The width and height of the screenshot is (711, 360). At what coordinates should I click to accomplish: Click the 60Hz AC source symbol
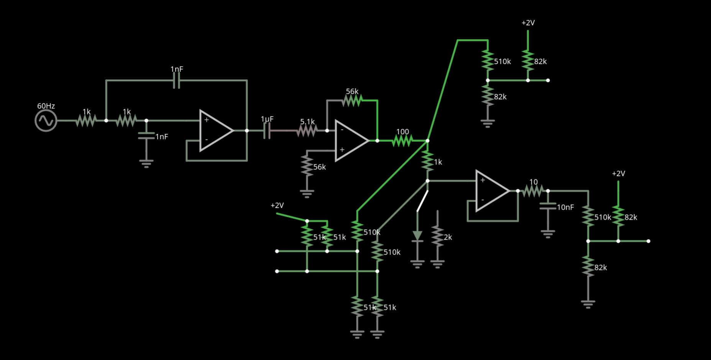(46, 121)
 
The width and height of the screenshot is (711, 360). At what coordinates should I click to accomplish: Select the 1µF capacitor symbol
(267, 131)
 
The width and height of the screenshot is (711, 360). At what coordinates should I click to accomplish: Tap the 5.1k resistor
(307, 131)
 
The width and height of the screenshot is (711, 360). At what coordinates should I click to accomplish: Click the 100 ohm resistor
(402, 141)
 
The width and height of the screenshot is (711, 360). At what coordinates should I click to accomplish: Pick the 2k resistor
(437, 236)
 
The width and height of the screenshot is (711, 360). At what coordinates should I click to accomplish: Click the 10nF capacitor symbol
(548, 207)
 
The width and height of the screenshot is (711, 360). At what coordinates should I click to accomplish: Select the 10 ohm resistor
(533, 191)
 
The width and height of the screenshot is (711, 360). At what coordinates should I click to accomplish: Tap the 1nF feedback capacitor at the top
(176, 81)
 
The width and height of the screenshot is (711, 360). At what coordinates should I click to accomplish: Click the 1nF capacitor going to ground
(146, 136)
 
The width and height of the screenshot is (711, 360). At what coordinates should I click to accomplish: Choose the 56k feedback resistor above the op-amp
(352, 100)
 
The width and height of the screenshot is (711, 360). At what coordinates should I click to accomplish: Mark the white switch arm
(422, 201)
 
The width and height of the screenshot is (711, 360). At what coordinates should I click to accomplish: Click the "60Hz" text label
(46, 106)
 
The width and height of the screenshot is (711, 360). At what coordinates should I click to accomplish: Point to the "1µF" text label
(267, 119)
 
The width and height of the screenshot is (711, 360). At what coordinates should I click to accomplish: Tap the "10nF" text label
(565, 207)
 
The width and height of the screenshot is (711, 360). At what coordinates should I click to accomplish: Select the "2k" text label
(448, 238)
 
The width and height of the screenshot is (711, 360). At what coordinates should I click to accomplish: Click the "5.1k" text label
(307, 122)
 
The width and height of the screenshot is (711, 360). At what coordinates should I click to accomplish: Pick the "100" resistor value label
(402, 132)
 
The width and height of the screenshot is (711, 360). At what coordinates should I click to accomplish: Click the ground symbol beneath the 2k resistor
(437, 263)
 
